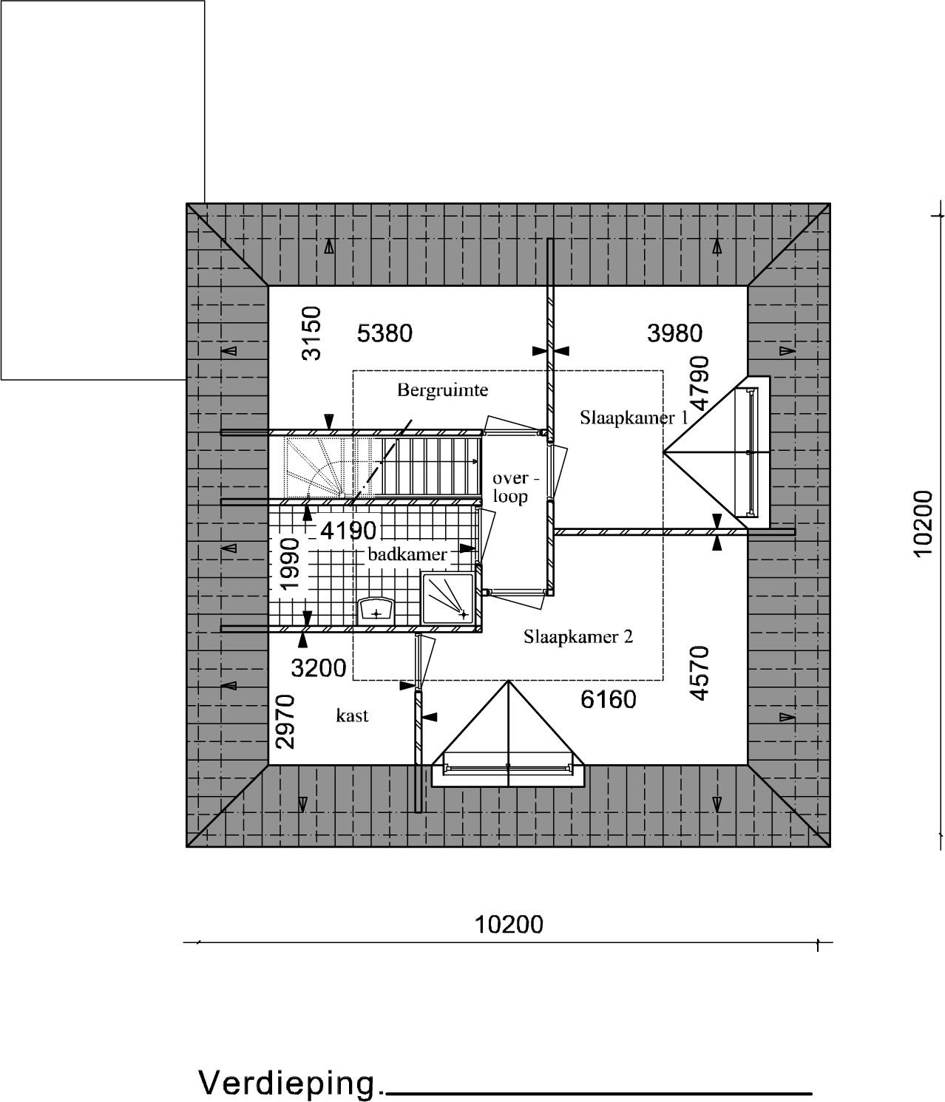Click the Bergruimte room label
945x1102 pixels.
442,390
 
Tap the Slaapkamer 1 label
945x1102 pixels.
634,418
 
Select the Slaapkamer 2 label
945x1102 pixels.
578,636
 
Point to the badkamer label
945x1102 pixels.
407,554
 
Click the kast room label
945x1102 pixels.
352,715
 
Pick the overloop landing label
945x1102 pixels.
513,487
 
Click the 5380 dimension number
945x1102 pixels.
385,334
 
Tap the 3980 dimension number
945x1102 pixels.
674,334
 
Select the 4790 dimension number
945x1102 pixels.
700,384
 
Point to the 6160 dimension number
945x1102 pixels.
609,700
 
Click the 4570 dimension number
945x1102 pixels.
700,673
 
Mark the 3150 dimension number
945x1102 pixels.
312,334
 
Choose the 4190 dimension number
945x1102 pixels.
349,531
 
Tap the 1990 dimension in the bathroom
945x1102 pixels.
290,564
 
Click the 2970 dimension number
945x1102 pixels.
285,722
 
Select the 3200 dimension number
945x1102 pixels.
319,668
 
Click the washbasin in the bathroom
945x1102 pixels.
376,610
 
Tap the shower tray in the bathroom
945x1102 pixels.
447,598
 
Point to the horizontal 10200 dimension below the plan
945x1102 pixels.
509,925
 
